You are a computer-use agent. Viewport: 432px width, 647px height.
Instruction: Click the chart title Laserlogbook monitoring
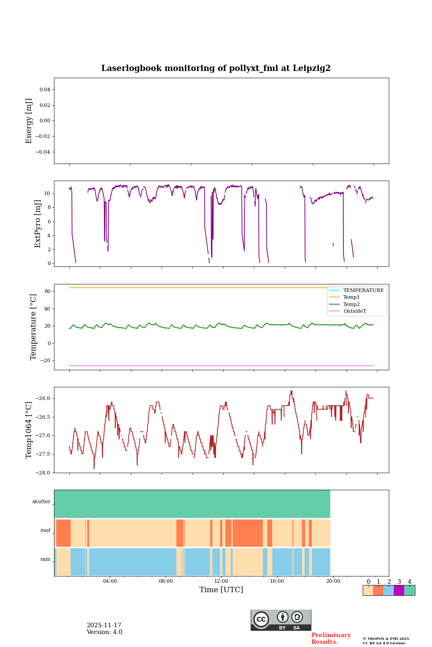click(216, 68)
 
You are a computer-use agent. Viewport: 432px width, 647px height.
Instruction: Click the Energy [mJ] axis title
click(29, 121)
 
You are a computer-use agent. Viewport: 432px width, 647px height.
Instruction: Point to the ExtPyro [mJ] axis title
click(38, 224)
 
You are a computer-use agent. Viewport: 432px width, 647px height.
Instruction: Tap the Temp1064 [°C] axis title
click(29, 430)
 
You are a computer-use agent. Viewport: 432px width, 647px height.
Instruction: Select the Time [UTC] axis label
click(221, 589)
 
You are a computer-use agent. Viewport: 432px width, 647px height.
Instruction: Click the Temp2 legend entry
click(351, 304)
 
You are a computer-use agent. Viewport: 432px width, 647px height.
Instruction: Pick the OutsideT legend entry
click(355, 311)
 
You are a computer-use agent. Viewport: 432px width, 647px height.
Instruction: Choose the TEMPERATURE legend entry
click(363, 290)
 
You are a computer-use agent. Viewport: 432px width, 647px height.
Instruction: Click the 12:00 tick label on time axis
click(221, 581)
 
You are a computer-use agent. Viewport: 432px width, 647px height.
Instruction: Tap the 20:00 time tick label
click(333, 581)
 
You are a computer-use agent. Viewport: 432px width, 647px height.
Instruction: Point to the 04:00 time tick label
click(110, 581)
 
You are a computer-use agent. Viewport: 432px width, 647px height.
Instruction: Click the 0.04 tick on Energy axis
click(45, 89)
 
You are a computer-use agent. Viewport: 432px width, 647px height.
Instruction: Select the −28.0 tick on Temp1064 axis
click(43, 473)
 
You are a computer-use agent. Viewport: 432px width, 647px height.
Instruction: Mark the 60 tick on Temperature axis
click(47, 291)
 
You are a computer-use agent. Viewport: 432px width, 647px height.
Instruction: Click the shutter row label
click(41, 501)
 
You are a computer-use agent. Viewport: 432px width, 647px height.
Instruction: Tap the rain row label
click(45, 559)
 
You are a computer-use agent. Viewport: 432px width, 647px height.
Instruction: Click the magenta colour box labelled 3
click(399, 590)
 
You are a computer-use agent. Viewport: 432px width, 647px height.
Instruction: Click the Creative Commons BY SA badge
click(281, 620)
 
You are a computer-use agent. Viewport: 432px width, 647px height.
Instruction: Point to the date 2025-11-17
click(104, 625)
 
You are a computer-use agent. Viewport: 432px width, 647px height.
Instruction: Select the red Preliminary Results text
click(331, 638)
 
